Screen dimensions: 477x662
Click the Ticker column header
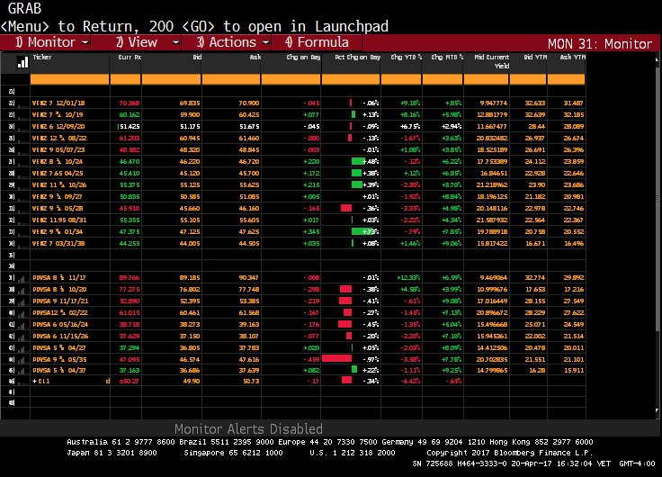click(42, 56)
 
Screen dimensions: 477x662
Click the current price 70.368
click(129, 103)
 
